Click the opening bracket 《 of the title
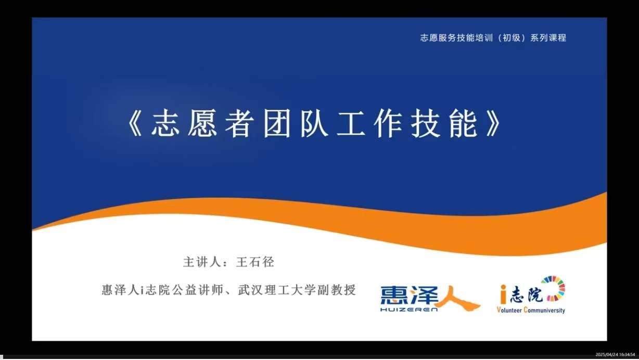[134, 124]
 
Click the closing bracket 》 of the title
[493, 124]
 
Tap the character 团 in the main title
[277, 123]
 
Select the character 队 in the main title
[314, 123]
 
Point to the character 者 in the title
[239, 123]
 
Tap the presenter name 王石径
[255, 262]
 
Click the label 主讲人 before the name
[202, 262]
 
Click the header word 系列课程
[548, 37]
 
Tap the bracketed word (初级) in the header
[512, 37]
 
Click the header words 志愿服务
[438, 37]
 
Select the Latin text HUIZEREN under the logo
[409, 310]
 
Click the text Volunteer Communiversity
[531, 310]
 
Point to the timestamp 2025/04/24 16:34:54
[615, 355]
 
